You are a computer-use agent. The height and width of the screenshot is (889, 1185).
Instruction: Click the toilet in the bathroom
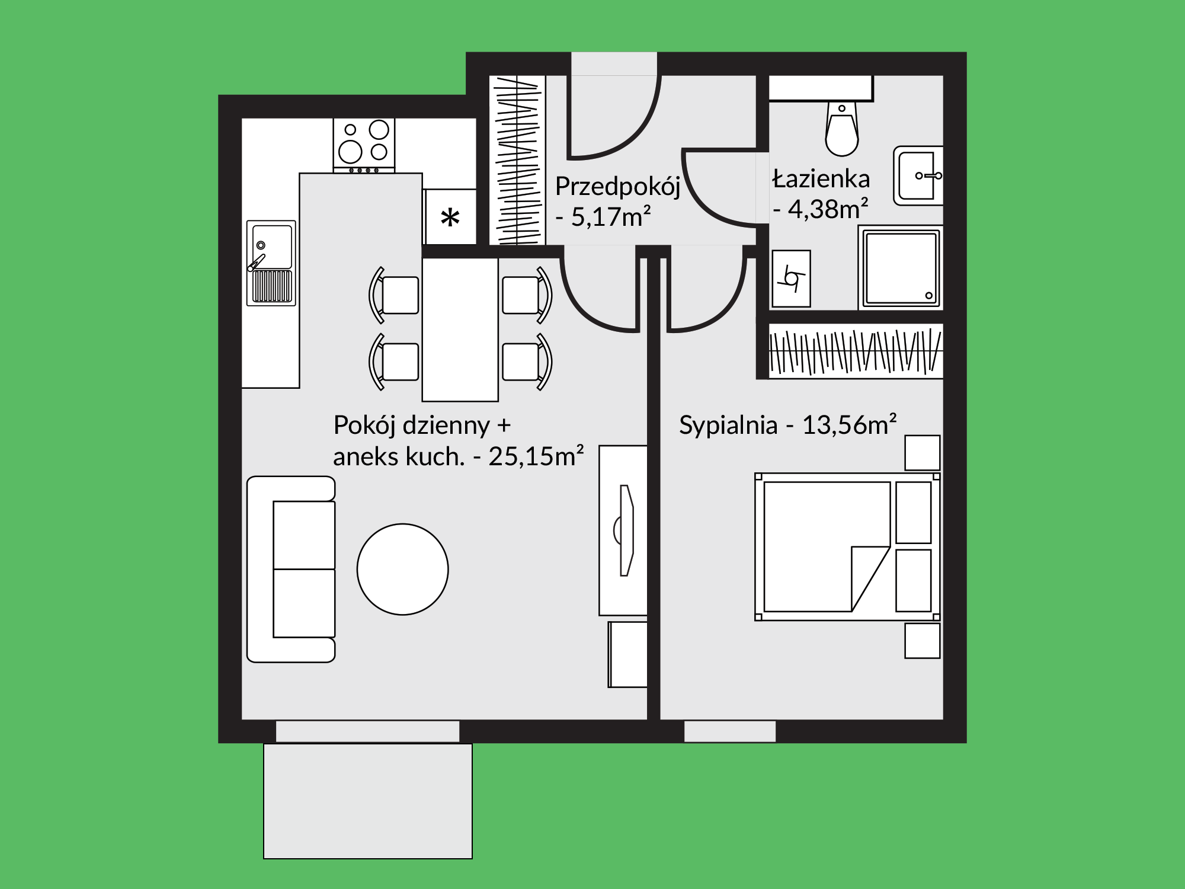(x=841, y=129)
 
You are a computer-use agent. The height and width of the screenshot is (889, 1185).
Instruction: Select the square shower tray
(x=901, y=268)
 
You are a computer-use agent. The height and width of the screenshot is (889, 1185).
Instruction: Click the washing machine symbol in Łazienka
(x=791, y=278)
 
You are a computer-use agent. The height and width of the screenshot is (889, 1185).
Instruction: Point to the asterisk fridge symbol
(x=450, y=218)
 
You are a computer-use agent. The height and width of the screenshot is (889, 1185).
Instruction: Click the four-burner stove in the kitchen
(x=364, y=145)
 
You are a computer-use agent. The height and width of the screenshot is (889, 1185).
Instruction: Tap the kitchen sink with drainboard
(x=271, y=263)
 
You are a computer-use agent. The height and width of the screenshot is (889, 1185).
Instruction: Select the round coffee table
(x=403, y=569)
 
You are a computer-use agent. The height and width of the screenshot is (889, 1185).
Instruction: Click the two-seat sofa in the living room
(x=291, y=569)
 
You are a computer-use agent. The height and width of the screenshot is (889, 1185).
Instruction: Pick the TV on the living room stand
(x=624, y=530)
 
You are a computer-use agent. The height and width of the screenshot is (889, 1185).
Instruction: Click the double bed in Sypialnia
(x=847, y=546)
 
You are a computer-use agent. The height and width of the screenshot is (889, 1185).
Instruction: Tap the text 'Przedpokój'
(x=617, y=187)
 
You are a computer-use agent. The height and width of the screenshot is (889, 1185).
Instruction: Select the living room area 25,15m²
(x=536, y=456)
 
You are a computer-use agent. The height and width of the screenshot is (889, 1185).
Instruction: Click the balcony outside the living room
(x=368, y=801)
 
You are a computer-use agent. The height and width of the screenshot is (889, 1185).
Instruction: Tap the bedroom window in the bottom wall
(x=730, y=731)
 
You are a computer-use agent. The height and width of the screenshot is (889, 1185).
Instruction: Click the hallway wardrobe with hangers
(x=517, y=160)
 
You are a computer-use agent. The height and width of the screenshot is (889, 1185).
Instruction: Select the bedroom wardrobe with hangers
(x=856, y=351)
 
